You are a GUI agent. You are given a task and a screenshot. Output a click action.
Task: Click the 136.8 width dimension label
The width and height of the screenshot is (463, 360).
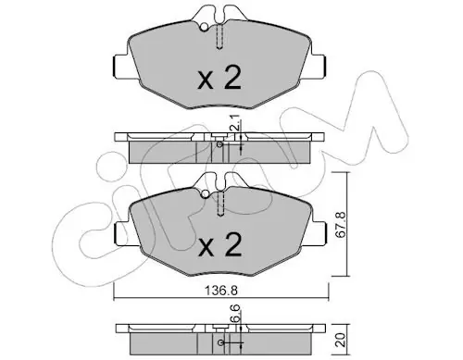(221, 290)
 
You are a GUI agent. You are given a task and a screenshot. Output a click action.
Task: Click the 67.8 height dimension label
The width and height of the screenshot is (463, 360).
(341, 225)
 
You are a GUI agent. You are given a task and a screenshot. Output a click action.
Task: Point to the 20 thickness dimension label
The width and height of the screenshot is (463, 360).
(341, 340)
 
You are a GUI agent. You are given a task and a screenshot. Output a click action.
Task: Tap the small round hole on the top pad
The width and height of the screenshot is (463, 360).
(204, 27)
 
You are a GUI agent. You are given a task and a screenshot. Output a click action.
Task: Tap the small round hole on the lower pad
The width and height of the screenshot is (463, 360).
(205, 194)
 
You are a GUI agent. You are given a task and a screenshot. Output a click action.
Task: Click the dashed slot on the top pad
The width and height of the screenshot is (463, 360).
(219, 36)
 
